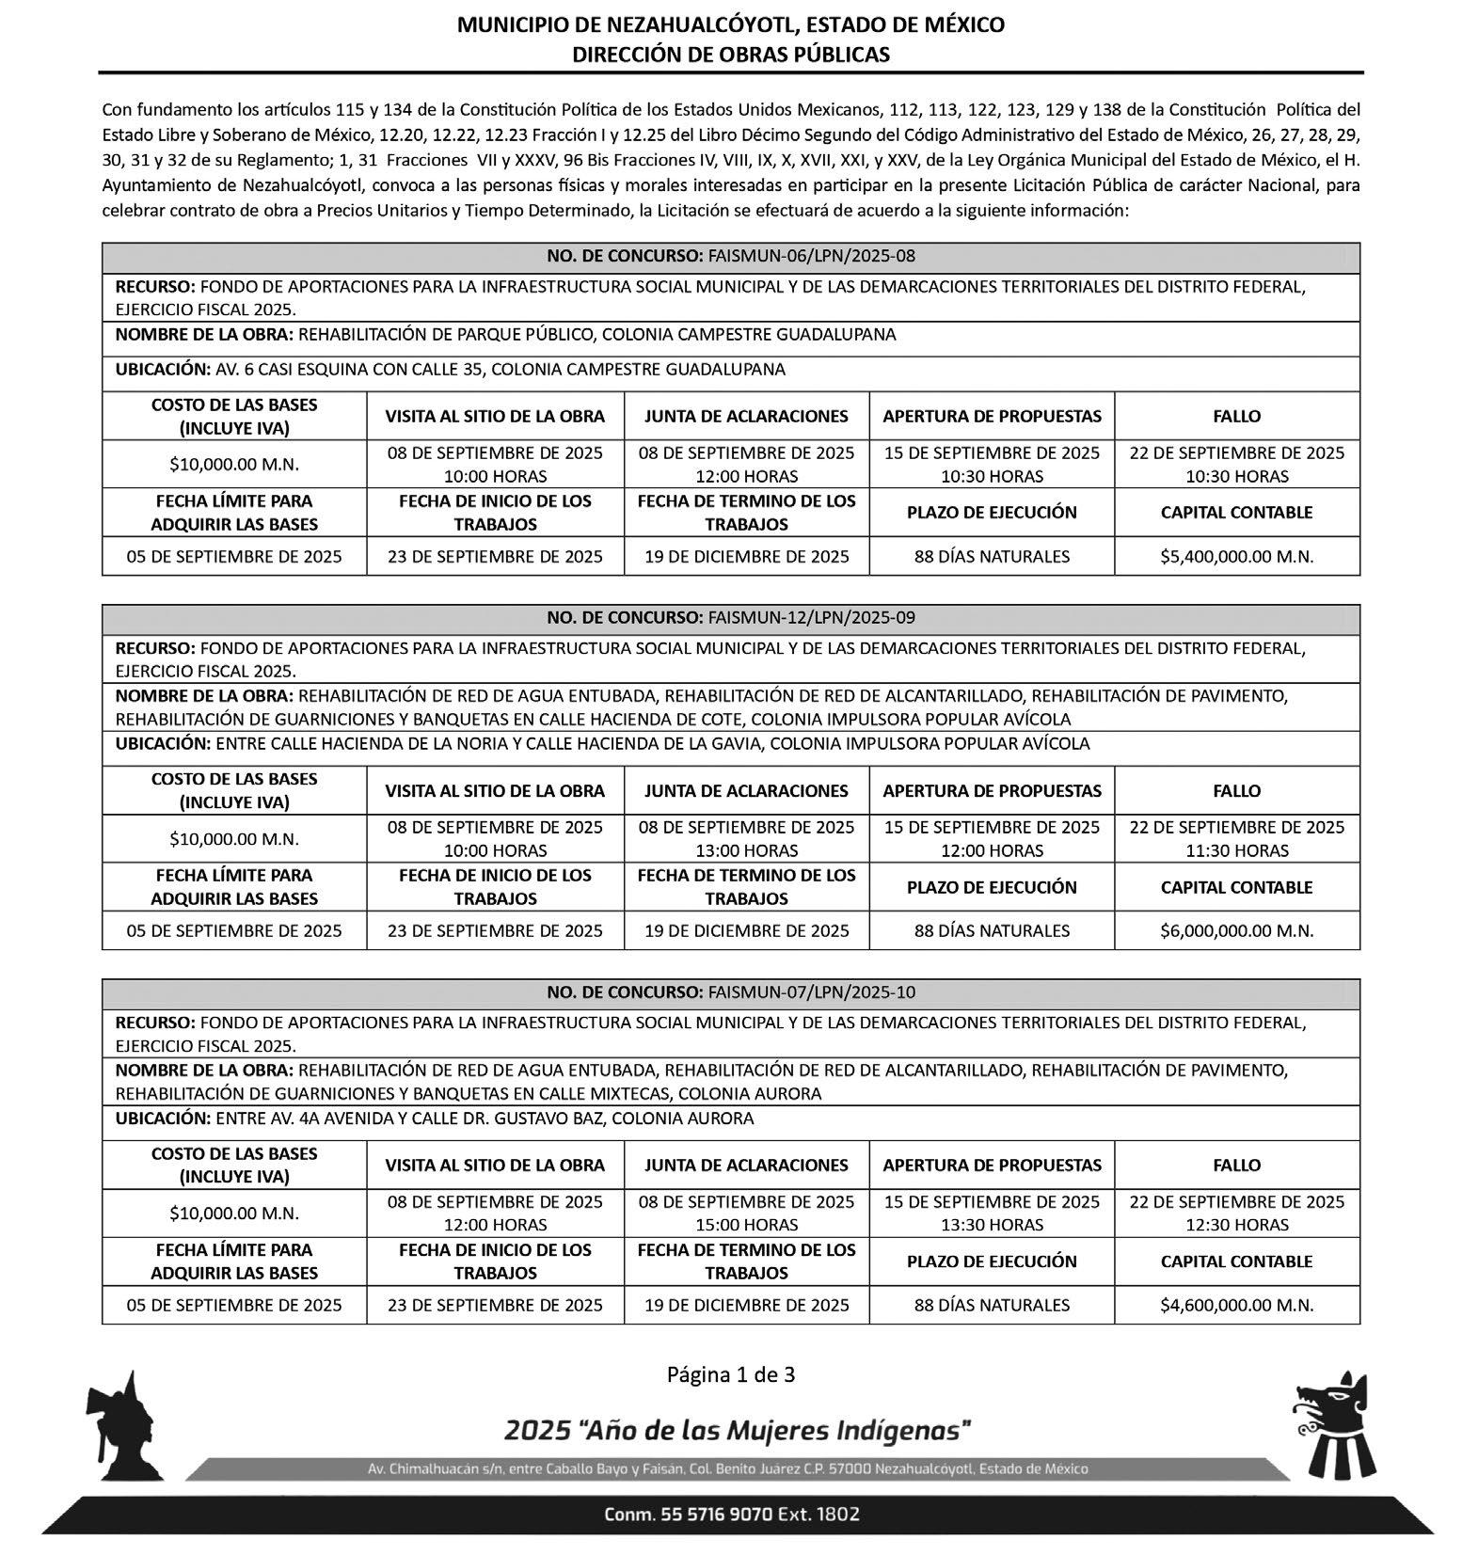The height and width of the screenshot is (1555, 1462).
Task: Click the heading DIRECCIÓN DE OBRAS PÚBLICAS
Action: (730, 55)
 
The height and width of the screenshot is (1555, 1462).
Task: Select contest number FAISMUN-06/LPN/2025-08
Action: (731, 256)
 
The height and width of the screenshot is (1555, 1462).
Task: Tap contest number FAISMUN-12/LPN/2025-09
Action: (731, 618)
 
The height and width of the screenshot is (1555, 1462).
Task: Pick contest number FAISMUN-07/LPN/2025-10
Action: (731, 992)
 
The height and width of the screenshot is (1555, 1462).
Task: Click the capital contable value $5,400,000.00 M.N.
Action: (1236, 556)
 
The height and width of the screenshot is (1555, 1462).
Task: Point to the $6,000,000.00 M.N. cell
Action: (1236, 930)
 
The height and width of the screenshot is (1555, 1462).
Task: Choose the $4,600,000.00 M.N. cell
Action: (1236, 1305)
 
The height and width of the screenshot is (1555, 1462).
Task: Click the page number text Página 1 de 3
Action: (731, 1374)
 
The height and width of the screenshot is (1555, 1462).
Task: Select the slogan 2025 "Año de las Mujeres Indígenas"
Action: (737, 1432)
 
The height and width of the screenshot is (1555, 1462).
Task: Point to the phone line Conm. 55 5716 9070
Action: (731, 1515)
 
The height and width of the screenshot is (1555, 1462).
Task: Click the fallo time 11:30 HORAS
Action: (1236, 850)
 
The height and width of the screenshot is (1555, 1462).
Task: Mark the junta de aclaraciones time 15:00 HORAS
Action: (746, 1225)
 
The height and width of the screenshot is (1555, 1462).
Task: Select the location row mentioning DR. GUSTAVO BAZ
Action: (434, 1119)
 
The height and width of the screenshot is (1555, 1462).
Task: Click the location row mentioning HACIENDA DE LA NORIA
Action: (602, 743)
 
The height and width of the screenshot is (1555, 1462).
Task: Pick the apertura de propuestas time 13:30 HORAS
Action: (992, 1225)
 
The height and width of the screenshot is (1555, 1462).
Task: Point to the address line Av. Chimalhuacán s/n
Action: (728, 1468)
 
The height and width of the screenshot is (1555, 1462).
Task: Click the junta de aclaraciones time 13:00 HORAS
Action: (746, 850)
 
